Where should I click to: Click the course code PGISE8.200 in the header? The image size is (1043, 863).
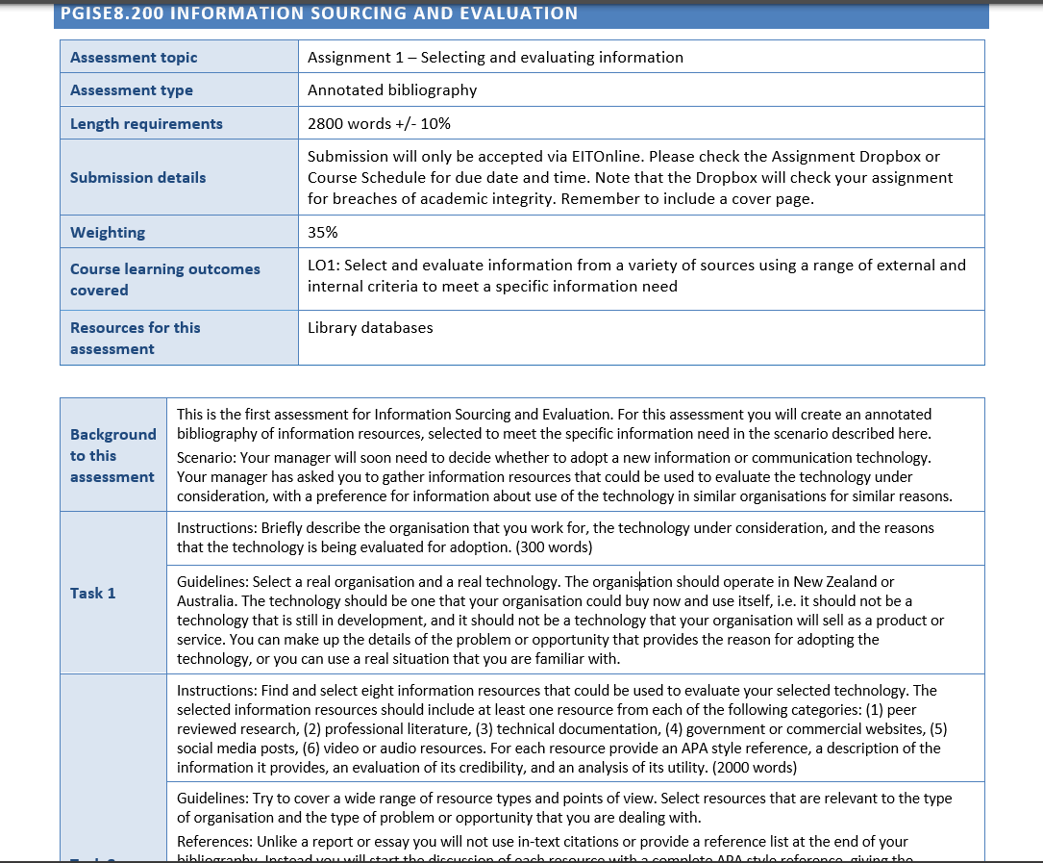tap(106, 13)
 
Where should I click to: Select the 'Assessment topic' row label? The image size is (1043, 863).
tap(133, 58)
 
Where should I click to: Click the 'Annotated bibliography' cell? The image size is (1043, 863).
tap(392, 90)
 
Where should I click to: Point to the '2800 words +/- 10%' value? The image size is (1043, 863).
tap(379, 124)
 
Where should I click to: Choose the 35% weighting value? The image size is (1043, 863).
tap(322, 233)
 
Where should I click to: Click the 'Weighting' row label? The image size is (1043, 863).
tap(108, 233)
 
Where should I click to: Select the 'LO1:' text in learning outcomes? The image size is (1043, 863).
tap(324, 266)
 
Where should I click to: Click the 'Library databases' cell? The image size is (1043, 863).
tap(370, 328)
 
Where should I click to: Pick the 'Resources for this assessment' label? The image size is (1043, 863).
tap(135, 338)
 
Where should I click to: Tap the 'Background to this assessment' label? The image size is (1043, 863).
tap(112, 455)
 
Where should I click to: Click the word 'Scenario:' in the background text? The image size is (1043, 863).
tap(208, 458)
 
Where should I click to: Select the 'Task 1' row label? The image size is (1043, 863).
tap(92, 593)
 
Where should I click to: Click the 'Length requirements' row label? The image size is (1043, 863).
tap(146, 124)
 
